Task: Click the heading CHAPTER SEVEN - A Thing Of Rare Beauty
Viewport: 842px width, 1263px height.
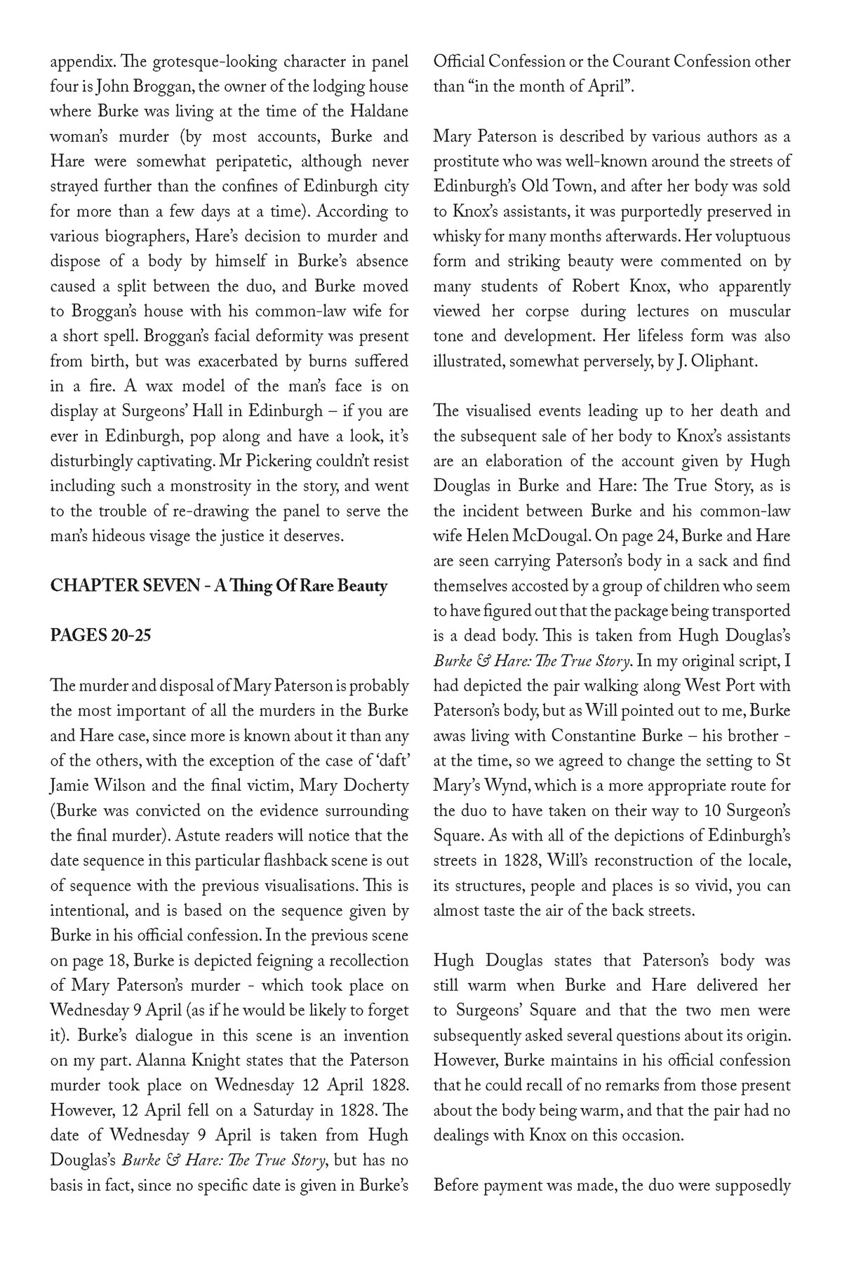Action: pyautogui.click(x=218, y=586)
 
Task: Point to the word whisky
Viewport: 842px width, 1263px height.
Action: pyautogui.click(x=455, y=236)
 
